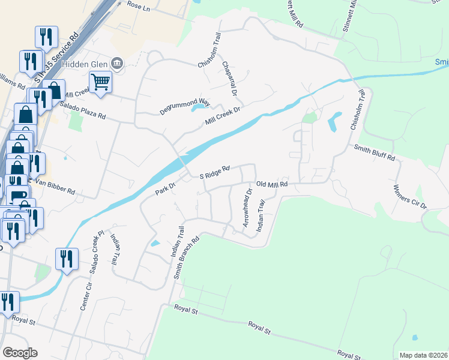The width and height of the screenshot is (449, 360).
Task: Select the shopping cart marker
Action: [x=100, y=82]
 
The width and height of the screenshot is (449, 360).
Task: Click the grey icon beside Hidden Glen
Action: [x=118, y=63]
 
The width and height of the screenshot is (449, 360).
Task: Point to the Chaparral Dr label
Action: [x=230, y=79]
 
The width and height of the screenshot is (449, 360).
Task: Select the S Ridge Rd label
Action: [x=215, y=173]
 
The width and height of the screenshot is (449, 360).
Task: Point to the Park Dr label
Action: [x=164, y=188]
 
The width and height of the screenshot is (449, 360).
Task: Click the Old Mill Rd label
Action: [x=273, y=185]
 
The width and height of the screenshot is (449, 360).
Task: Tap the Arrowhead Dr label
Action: [x=246, y=208]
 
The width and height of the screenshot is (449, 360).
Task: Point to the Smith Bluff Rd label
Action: [x=375, y=153]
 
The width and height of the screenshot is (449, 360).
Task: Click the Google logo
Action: [x=20, y=353]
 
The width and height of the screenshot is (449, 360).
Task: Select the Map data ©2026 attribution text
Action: [x=424, y=355]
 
